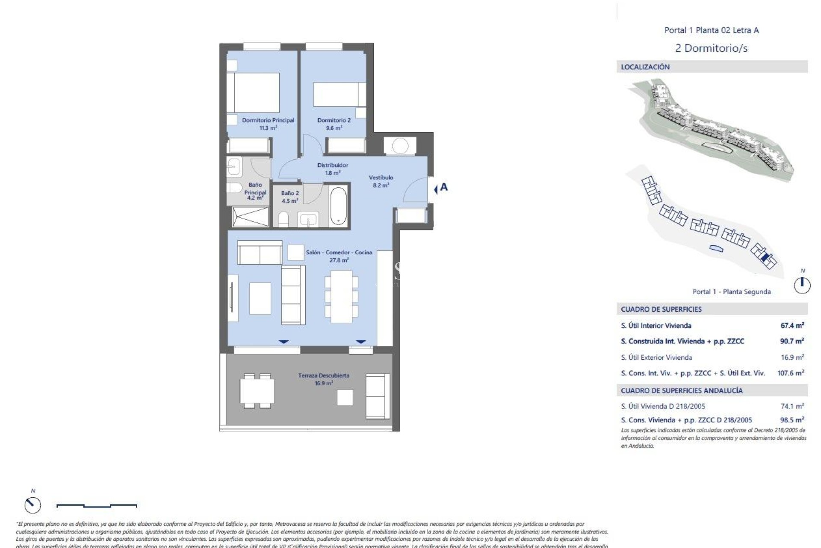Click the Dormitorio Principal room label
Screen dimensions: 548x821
click(268, 124)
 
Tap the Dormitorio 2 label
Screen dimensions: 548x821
click(334, 124)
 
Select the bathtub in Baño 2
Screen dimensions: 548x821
click(338, 205)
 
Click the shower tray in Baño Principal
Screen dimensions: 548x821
click(251, 216)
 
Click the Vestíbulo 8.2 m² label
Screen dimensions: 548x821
click(381, 181)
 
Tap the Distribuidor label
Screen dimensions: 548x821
click(332, 169)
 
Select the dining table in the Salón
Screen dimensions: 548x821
click(341, 296)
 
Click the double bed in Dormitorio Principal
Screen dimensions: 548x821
click(253, 93)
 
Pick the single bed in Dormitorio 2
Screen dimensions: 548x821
click(340, 94)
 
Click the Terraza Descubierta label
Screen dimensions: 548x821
click(324, 379)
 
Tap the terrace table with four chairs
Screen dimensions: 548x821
click(257, 390)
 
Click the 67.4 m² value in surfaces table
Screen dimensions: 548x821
click(792, 325)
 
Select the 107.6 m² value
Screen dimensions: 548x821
click(790, 373)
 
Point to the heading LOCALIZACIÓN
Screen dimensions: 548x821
click(645, 67)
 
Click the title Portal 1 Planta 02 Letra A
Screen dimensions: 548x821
click(711, 30)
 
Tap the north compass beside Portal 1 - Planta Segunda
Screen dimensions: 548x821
click(802, 285)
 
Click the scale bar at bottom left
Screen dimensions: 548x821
click(97, 506)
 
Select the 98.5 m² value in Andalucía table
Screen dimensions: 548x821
click(791, 420)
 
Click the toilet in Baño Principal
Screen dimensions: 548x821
click(234, 188)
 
